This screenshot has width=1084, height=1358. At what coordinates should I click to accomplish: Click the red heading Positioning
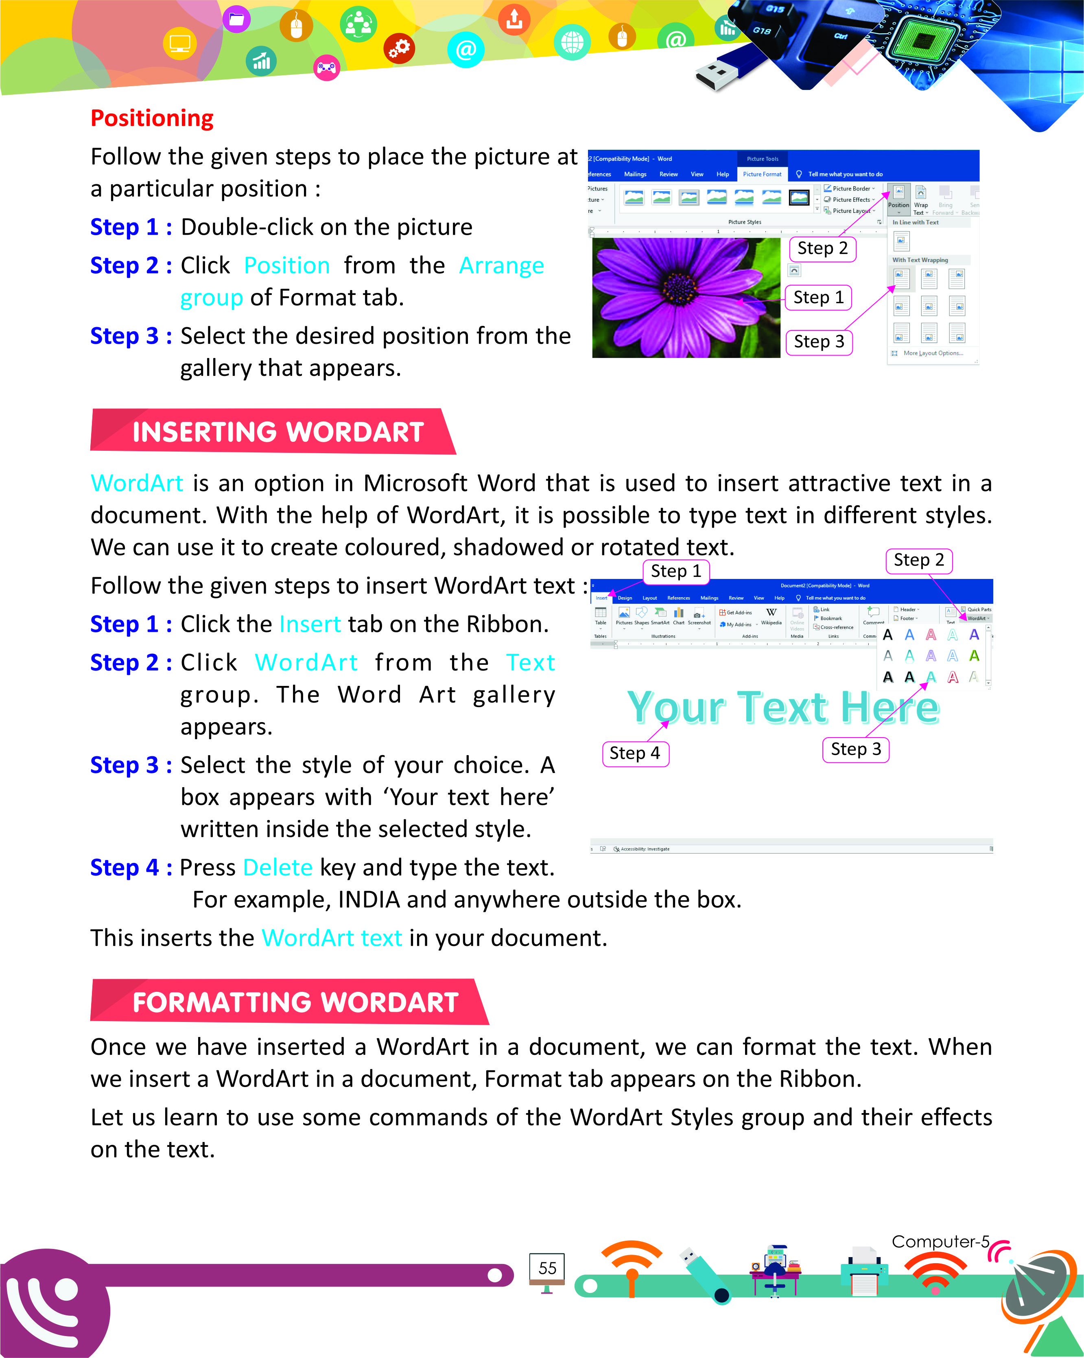pyautogui.click(x=152, y=118)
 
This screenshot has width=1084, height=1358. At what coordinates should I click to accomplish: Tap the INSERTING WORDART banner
pyautogui.click(x=277, y=432)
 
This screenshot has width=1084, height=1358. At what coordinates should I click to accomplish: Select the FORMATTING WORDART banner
pyautogui.click(x=295, y=1002)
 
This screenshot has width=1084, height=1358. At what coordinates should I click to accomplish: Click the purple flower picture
pyautogui.click(x=686, y=297)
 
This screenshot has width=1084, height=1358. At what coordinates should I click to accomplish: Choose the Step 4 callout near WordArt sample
pyautogui.click(x=635, y=753)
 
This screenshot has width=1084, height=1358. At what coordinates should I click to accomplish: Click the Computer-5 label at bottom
pyautogui.click(x=940, y=1241)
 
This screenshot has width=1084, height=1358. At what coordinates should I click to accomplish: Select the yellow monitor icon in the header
pyautogui.click(x=180, y=44)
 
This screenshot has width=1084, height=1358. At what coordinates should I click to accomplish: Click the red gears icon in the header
pyautogui.click(x=399, y=48)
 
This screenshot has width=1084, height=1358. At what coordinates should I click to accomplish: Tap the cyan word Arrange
pyautogui.click(x=501, y=265)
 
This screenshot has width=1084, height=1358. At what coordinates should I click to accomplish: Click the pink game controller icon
pyautogui.click(x=326, y=68)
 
